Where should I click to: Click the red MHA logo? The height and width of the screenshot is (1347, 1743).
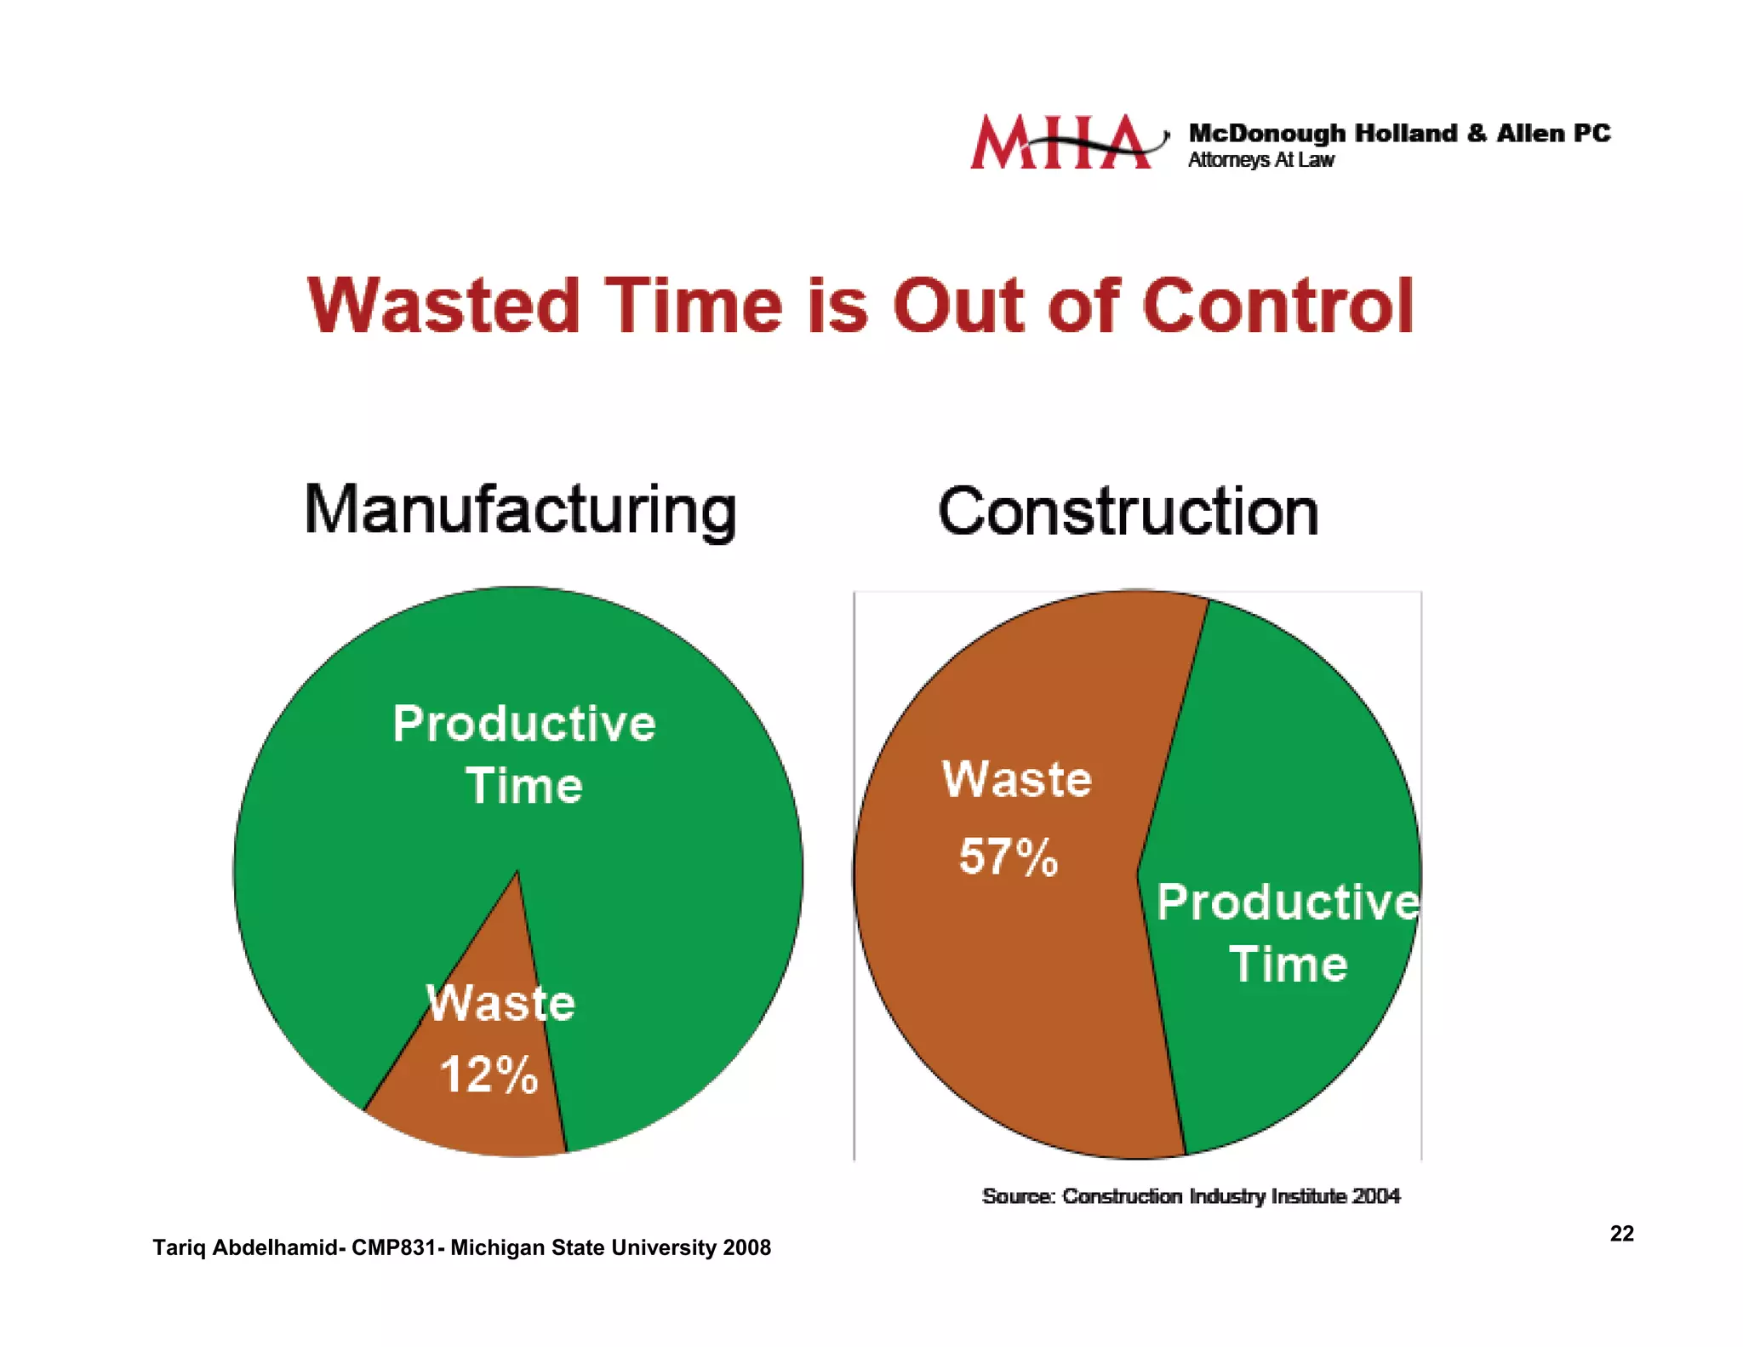click(x=1064, y=142)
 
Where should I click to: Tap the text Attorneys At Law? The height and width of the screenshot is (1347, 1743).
click(x=1260, y=160)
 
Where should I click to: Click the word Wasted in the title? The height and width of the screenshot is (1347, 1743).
click(x=443, y=306)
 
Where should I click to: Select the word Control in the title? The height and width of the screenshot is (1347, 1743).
click(x=1277, y=306)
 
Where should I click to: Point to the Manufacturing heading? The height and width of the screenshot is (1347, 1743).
click(x=520, y=510)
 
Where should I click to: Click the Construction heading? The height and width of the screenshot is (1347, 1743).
click(x=1129, y=512)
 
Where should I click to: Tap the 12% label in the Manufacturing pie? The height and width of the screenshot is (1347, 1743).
click(x=489, y=1074)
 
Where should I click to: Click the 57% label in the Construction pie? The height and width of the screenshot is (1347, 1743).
click(x=1009, y=857)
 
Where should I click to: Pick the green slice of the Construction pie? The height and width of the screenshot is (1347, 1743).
click(x=1294, y=766)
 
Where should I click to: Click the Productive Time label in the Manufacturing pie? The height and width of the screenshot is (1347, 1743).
click(x=524, y=754)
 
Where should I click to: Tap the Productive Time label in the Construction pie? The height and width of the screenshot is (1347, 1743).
click(x=1288, y=933)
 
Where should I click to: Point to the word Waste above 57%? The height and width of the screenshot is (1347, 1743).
click(x=1017, y=779)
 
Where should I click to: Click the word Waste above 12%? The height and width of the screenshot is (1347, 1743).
click(x=501, y=1003)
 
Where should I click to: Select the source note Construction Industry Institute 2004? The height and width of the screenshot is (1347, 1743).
click(x=1191, y=1196)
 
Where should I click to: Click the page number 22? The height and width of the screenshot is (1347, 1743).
click(x=1621, y=1234)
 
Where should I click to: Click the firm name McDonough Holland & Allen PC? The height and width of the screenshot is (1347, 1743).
click(x=1399, y=134)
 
